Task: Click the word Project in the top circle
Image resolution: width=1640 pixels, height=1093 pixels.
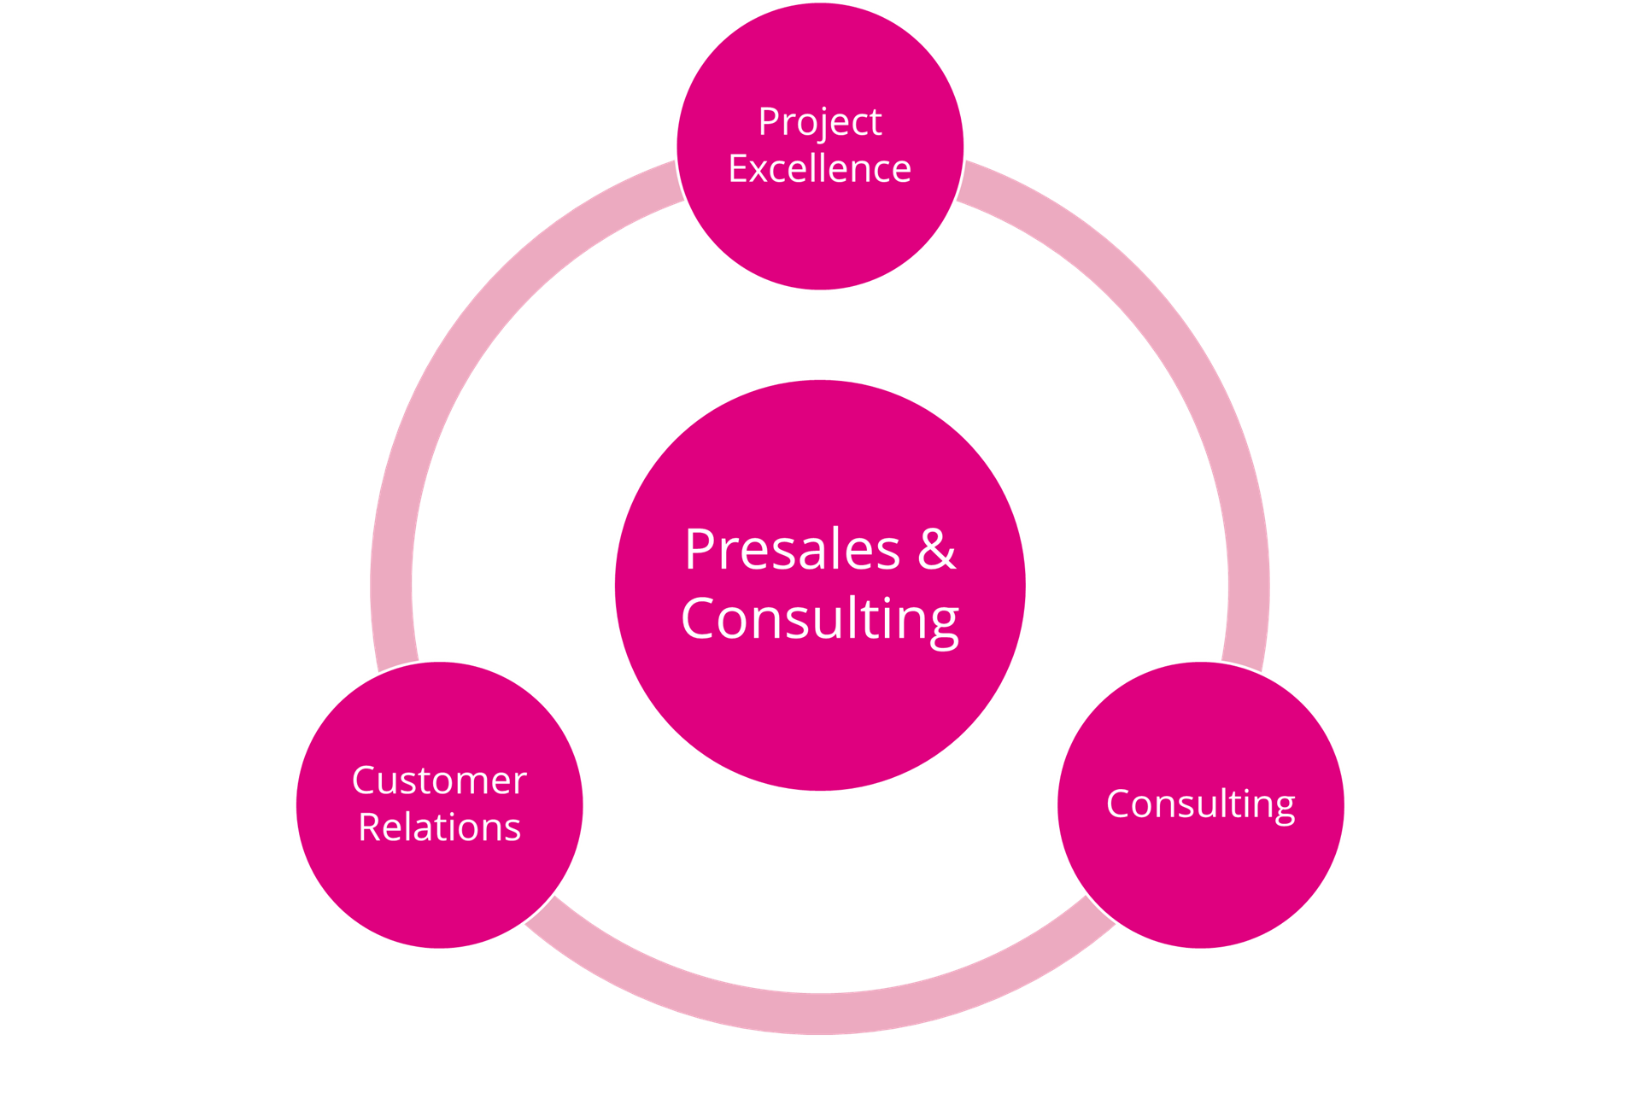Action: point(820,123)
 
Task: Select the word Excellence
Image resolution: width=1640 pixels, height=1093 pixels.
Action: point(820,168)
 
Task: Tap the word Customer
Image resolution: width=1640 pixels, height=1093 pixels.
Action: point(439,780)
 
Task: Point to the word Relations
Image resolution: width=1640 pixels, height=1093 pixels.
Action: point(439,827)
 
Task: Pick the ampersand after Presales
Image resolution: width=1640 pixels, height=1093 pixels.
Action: point(937,549)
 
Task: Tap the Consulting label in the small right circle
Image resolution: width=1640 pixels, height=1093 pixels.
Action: point(1201,804)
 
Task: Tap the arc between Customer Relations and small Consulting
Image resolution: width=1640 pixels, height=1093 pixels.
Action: point(820,1014)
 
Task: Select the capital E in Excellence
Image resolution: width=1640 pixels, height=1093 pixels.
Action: point(739,169)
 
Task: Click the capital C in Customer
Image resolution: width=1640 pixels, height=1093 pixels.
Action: point(364,780)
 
